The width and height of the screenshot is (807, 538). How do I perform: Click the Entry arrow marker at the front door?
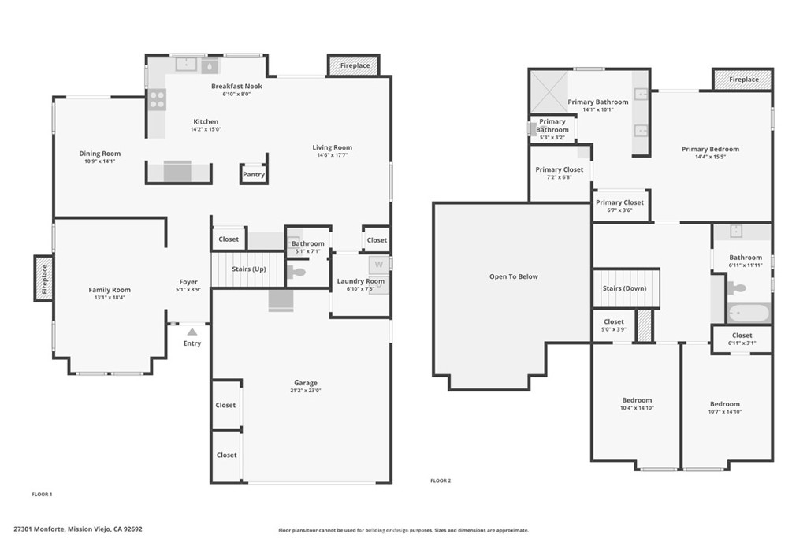[192, 332]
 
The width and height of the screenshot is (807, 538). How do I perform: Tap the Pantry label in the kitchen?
[254, 175]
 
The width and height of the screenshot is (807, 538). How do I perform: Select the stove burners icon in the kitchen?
[157, 99]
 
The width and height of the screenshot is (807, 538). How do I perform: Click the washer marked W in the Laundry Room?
[378, 265]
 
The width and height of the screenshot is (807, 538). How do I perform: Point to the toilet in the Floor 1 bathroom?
[296, 273]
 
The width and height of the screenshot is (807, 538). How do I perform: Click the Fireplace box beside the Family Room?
[44, 278]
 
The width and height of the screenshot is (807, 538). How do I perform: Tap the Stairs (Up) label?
[247, 269]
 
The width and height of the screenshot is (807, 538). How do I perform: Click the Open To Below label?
[513, 276]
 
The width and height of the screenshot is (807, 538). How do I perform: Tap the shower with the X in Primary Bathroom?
[547, 91]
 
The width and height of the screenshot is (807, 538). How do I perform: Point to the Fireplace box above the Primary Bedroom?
[743, 80]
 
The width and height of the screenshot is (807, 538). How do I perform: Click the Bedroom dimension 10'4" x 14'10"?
[637, 408]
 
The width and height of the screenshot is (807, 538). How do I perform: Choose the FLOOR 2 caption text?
[441, 480]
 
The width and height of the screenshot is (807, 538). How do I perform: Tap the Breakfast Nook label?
[236, 86]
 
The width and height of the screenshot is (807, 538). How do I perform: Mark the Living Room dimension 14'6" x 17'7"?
[332, 155]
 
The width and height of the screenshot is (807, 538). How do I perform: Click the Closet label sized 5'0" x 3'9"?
[614, 329]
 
